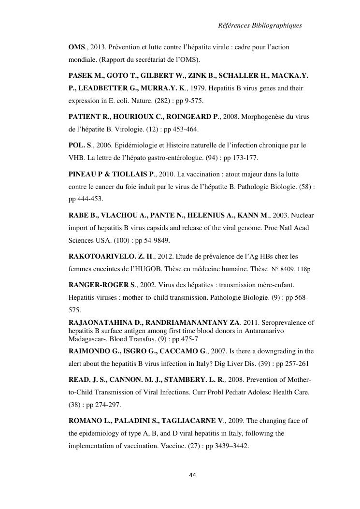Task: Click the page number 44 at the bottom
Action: point(193,475)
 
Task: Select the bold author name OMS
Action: point(76,48)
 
